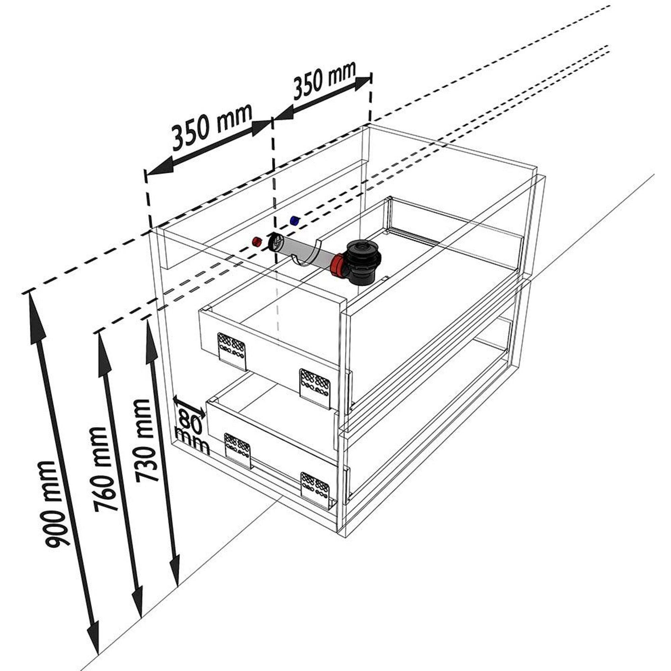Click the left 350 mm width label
click(211, 127)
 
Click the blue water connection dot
click(295, 220)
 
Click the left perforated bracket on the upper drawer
click(231, 351)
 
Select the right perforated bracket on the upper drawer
click(315, 387)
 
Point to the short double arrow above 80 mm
click(190, 407)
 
